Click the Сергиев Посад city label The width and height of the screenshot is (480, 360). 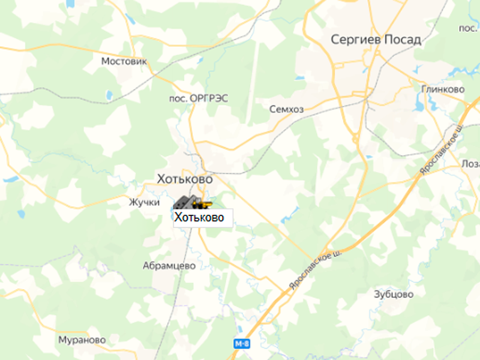(376, 40)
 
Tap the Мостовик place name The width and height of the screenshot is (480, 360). (124, 61)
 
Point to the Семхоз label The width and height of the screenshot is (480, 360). (286, 109)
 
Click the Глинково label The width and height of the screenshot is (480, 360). (443, 89)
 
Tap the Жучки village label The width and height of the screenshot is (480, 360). (144, 202)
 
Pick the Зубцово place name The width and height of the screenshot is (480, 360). (394, 295)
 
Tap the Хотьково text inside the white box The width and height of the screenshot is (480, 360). (199, 217)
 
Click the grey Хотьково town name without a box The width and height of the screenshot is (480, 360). (185, 179)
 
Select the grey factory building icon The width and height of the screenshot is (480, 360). (187, 202)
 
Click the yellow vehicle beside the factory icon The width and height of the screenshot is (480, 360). (205, 205)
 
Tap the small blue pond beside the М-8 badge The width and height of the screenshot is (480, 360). (239, 329)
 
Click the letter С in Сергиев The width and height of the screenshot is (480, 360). (336, 40)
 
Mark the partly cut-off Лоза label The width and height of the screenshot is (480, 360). (471, 164)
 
